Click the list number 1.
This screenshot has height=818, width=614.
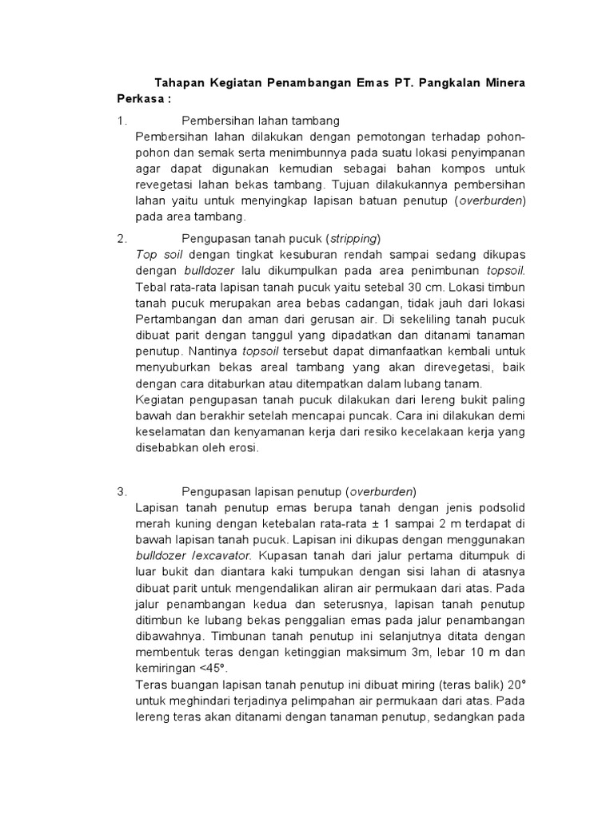pyautogui.click(x=121, y=121)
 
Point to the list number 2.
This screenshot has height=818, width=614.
pyautogui.click(x=121, y=238)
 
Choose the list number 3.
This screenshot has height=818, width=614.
pyautogui.click(x=121, y=491)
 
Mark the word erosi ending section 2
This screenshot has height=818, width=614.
pyautogui.click(x=244, y=448)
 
